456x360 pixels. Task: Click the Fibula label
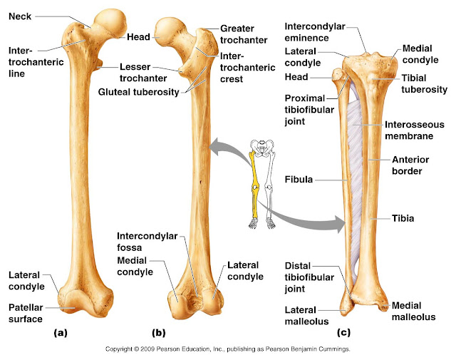pyautogui.click(x=298, y=180)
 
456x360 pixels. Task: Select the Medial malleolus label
pyautogui.click(x=412, y=311)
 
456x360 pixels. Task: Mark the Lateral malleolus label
pyautogui.click(x=305, y=316)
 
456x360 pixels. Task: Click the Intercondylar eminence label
pyautogui.click(x=314, y=32)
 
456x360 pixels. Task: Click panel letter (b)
pyautogui.click(x=158, y=333)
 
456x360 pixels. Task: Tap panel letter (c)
pyautogui.click(x=343, y=333)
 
